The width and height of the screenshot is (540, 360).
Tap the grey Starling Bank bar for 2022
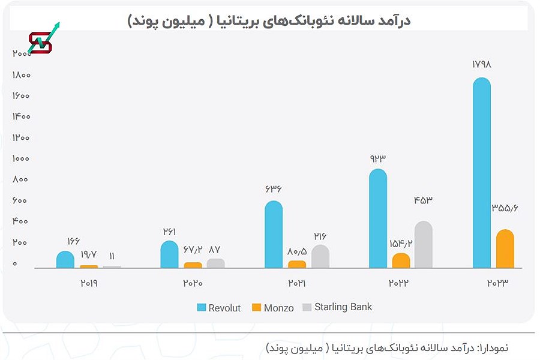[x=423, y=244]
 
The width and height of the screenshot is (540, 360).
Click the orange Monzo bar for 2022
[x=401, y=260]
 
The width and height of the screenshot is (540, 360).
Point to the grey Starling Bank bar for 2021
[x=320, y=256]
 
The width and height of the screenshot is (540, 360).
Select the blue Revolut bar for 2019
[x=65, y=259]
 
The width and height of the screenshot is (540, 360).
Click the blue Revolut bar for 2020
[x=170, y=254]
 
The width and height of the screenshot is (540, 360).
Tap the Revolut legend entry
[x=219, y=308]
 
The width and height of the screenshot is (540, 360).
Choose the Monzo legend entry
[x=272, y=308]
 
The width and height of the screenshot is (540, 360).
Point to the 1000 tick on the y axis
[x=22, y=158]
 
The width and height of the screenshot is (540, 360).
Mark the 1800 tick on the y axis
[x=22, y=75]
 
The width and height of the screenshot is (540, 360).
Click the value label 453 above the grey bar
[x=424, y=200]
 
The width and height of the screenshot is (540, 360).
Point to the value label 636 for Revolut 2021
[x=273, y=189]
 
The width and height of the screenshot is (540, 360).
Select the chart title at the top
[x=269, y=21]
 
